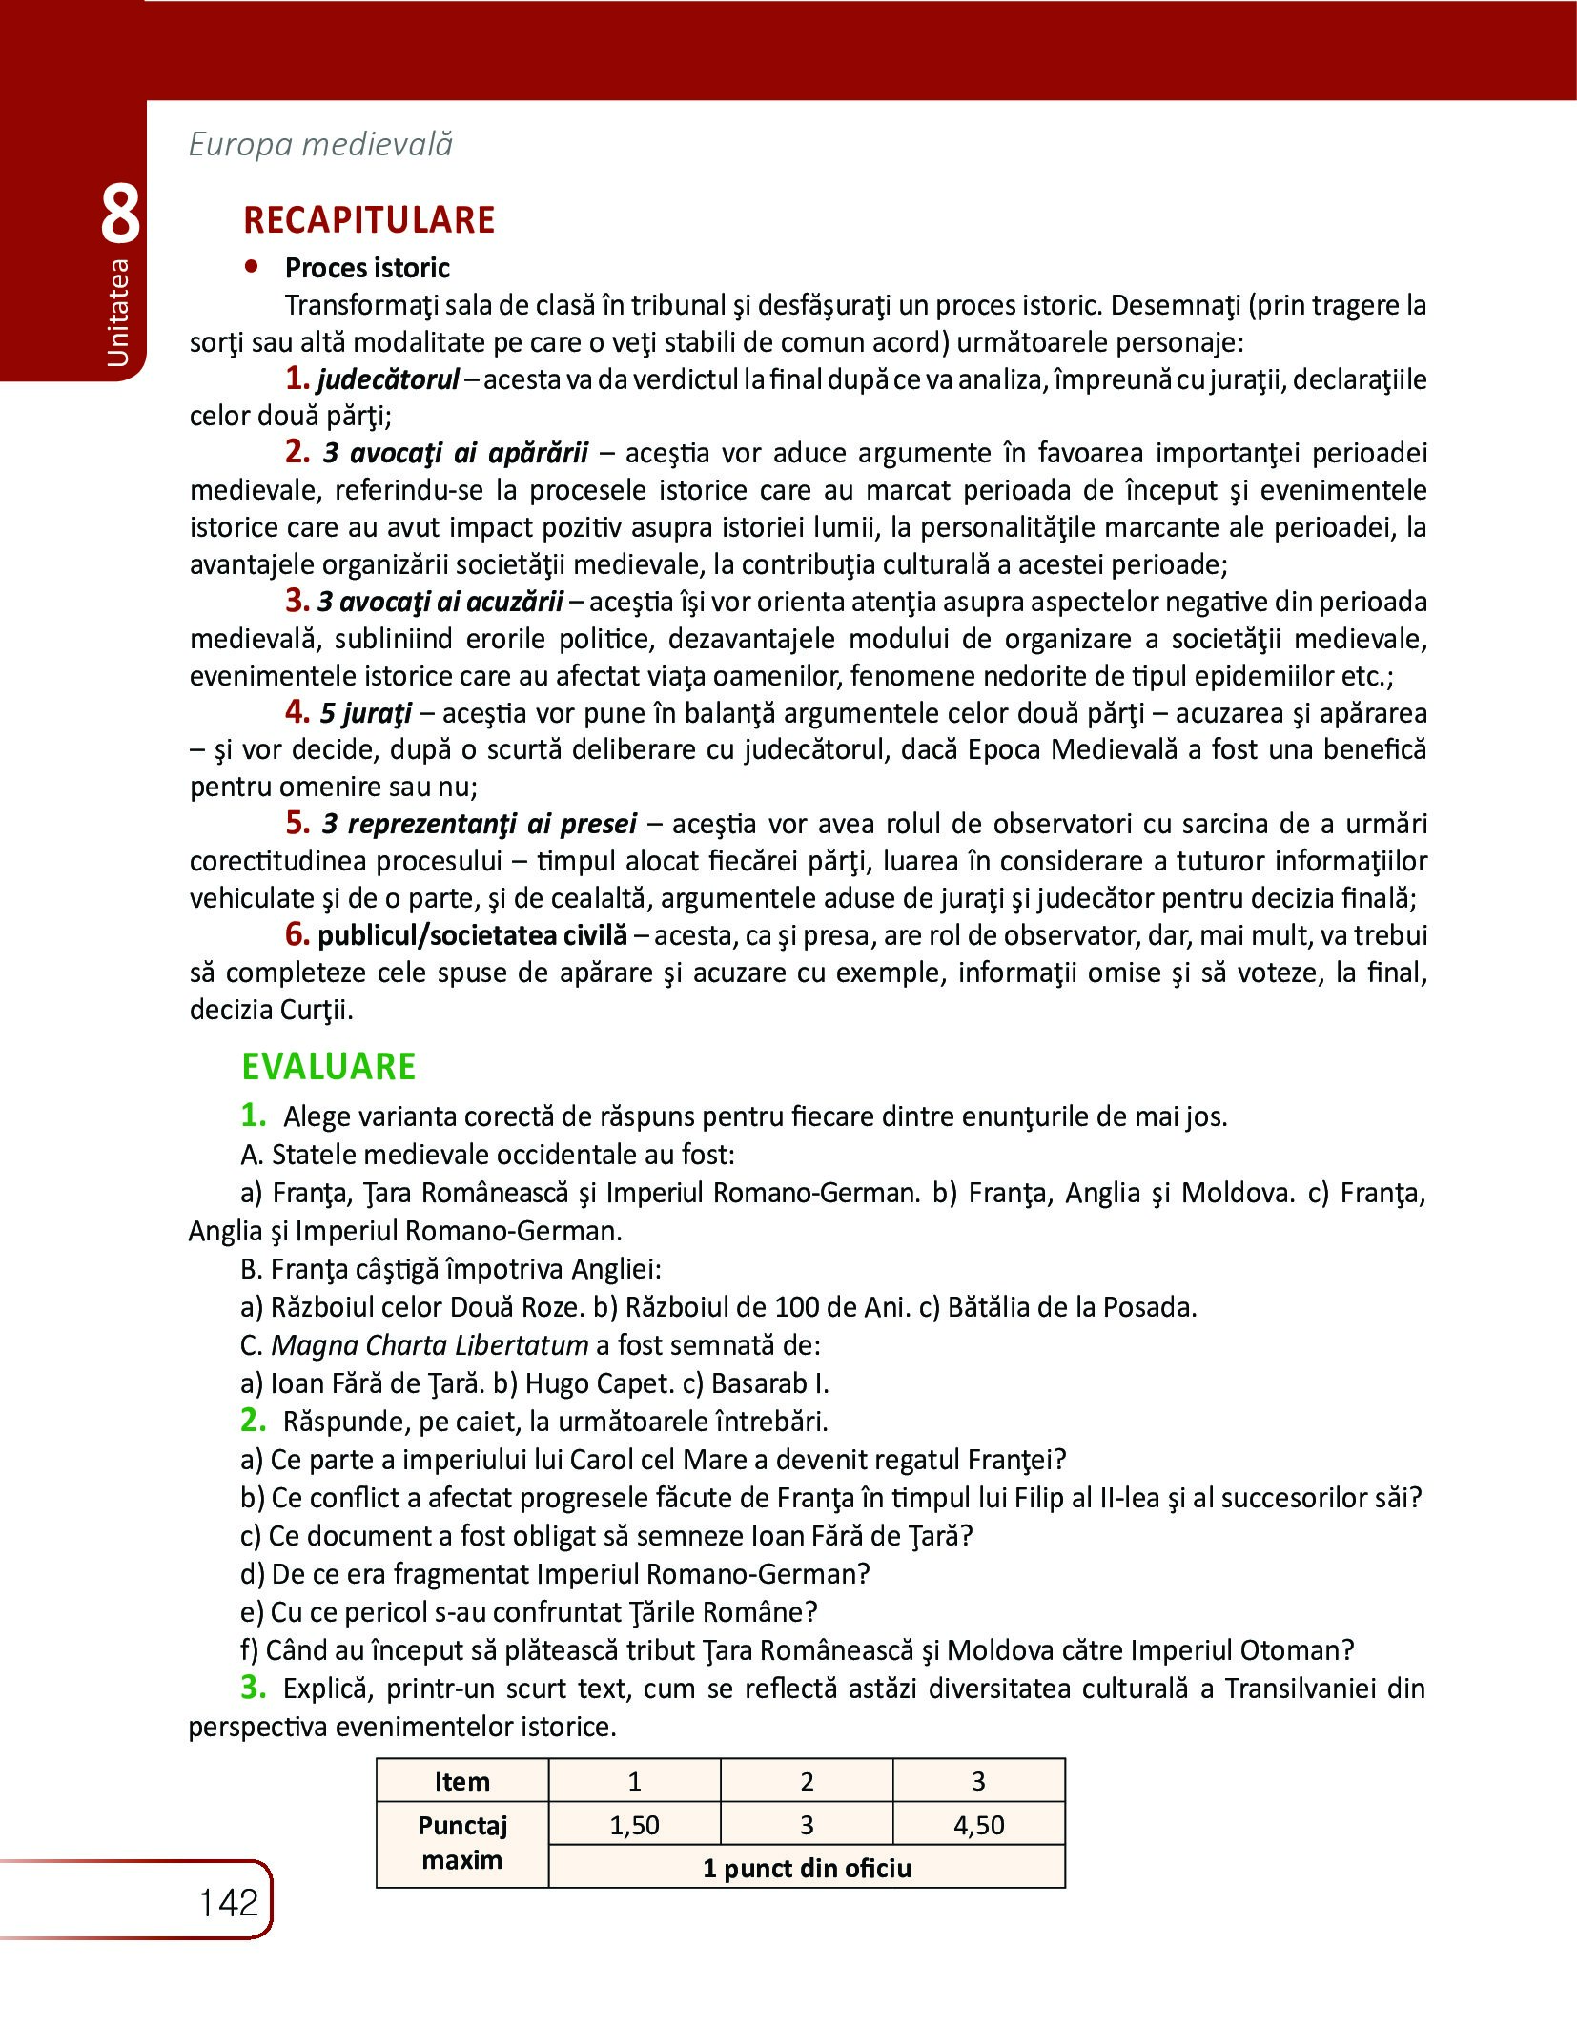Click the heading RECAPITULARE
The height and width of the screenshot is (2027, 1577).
[x=369, y=220]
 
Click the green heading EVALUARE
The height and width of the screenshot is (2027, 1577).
[x=328, y=1066]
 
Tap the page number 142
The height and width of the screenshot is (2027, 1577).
[x=229, y=1903]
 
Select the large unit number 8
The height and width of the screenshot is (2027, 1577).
[x=120, y=215]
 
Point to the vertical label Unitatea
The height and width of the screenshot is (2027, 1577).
[x=118, y=313]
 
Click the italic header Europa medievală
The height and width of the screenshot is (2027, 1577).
[x=320, y=144]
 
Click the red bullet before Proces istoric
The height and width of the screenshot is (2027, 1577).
[x=252, y=268]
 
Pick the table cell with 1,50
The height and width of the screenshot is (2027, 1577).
[x=634, y=1825]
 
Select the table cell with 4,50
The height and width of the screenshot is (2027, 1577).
[x=978, y=1825]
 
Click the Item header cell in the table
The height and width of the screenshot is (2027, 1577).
[x=461, y=1781]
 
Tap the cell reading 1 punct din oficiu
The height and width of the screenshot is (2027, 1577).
[x=807, y=1868]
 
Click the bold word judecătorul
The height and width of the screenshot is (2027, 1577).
[x=389, y=379]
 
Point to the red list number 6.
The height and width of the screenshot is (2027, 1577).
[x=297, y=934]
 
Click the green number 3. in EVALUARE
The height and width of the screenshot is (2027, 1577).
[x=254, y=1687]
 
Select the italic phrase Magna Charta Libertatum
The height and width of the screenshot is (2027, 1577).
[x=429, y=1344]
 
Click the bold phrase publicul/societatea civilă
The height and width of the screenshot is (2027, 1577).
[x=473, y=935]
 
